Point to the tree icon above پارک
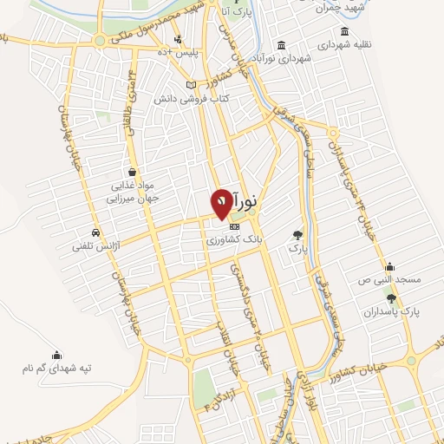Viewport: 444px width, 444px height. pyautogui.click(x=297, y=234)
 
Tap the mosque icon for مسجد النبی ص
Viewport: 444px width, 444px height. pyautogui.click(x=389, y=266)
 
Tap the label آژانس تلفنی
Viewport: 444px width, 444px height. pyautogui.click(x=100, y=248)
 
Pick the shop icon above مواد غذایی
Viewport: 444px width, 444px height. pyautogui.click(x=131, y=171)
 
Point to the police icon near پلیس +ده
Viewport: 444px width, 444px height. pyautogui.click(x=178, y=38)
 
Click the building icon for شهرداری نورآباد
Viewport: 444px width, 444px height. pyautogui.click(x=281, y=45)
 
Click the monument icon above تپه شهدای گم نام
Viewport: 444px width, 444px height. pyautogui.click(x=56, y=354)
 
